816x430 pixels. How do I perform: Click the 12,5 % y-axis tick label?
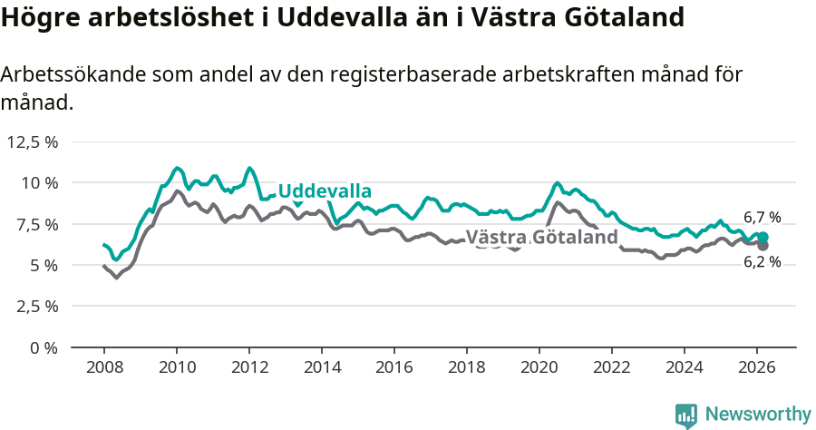click(33, 142)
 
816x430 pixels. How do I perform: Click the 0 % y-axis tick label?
click(44, 347)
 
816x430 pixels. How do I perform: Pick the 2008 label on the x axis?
click(103, 366)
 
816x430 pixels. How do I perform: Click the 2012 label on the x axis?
click(248, 366)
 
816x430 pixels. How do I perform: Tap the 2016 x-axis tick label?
click(393, 366)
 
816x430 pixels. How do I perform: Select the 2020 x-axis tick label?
click(539, 366)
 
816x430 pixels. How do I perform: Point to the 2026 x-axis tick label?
click(756, 366)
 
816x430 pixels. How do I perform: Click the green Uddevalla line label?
click(325, 191)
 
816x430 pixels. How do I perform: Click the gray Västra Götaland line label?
click(548, 238)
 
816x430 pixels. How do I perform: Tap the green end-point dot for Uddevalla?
click(763, 237)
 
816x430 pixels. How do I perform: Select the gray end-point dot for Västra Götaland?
click(763, 246)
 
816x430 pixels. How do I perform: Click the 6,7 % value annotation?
click(762, 218)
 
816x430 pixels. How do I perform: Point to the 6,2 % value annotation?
click(762, 262)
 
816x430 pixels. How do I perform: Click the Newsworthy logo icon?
click(686, 415)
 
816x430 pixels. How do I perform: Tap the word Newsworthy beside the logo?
click(758, 415)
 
